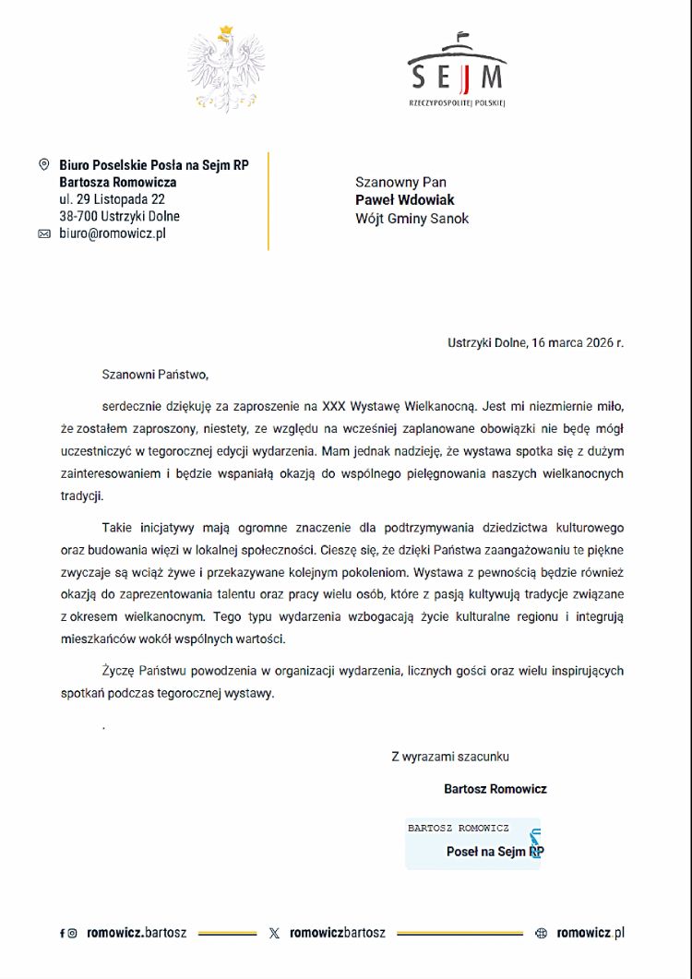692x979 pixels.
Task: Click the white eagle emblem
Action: tap(226, 69)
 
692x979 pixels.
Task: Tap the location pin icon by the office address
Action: tap(43, 164)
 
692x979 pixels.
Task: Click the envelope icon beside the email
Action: tap(43, 234)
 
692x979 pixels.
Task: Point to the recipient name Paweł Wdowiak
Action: tap(405, 200)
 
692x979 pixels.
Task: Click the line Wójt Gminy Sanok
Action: tap(412, 219)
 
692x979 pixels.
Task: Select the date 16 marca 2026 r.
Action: tap(577, 342)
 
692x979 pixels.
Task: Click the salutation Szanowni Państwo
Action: tap(155, 375)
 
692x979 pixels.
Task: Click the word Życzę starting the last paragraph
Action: tap(119, 671)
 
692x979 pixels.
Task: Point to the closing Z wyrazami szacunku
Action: tap(449, 757)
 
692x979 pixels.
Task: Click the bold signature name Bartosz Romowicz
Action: tap(495, 789)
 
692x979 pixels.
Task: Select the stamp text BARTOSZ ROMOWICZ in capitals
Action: tap(458, 828)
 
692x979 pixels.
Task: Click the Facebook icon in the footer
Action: tap(62, 934)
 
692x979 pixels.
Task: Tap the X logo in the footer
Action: tap(274, 934)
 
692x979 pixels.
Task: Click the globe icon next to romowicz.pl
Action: tap(542, 934)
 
